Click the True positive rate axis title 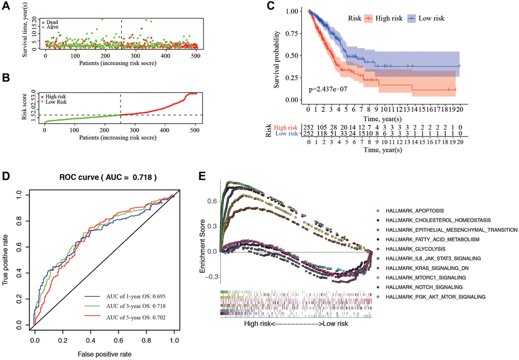[7, 260]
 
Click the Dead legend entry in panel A [51, 22]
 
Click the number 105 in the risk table [322, 127]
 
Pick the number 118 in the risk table [322, 133]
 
